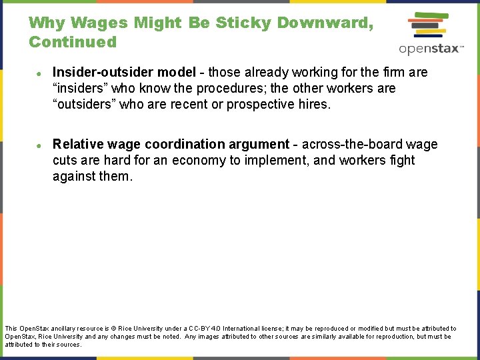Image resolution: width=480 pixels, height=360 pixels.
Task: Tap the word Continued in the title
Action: pos(73,43)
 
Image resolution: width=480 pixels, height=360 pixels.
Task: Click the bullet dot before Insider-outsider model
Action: pos(41,73)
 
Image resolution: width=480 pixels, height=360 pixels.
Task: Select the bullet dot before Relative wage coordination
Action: pos(41,145)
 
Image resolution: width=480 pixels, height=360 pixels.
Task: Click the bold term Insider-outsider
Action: pos(103,72)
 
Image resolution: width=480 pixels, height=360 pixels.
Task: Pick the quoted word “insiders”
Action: pos(79,88)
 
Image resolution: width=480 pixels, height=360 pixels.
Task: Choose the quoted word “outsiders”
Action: pos(83,104)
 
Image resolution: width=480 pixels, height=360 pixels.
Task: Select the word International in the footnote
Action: pos(248,329)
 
